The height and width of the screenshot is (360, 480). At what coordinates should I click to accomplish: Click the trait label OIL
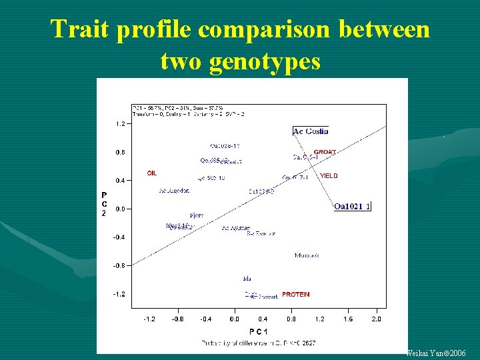152,173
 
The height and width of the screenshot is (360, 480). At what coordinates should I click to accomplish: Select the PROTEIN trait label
295,294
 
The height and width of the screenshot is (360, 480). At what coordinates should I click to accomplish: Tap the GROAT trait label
325,152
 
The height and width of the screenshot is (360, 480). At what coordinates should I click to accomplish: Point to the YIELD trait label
329,176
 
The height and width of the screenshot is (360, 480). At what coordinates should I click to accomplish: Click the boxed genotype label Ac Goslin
311,131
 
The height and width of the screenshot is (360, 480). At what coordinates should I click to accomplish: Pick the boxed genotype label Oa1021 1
352,207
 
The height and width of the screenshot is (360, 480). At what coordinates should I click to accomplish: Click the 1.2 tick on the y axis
120,124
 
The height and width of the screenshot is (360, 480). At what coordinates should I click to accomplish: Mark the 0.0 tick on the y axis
120,209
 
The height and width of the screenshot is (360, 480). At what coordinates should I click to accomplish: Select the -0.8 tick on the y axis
119,265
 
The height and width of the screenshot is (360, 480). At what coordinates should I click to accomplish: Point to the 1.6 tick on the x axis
348,319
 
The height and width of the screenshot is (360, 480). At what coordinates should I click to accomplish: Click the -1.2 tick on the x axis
150,319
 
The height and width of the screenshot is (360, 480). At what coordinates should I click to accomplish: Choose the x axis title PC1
259,331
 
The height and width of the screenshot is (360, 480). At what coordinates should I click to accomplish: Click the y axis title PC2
104,204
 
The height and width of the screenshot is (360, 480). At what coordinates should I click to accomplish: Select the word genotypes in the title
264,61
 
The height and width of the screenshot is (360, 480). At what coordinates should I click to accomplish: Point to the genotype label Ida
247,278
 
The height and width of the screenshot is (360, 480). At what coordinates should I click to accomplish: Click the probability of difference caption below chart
259,343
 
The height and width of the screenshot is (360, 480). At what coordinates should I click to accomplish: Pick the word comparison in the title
255,29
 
